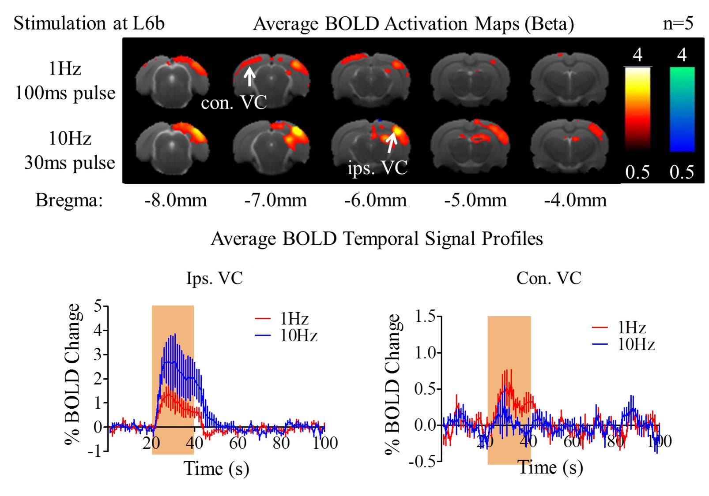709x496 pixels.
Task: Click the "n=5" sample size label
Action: [678, 23]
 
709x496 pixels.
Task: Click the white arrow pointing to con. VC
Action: [249, 76]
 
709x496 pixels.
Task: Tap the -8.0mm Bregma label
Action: [175, 201]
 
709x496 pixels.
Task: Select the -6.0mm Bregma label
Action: [375, 201]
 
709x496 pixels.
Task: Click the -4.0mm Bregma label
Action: [575, 201]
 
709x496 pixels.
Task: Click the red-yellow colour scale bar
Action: [637, 109]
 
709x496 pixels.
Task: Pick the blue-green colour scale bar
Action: [682, 109]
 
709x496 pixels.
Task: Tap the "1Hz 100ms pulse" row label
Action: [65, 81]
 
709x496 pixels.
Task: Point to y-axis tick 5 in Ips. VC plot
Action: [98, 306]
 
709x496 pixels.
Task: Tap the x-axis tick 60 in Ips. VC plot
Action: [238, 443]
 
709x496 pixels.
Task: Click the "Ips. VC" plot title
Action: [215, 279]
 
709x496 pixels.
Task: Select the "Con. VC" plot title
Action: [549, 279]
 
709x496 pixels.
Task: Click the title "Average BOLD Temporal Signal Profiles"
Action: [377, 239]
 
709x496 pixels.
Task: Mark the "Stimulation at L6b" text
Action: [89, 23]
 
